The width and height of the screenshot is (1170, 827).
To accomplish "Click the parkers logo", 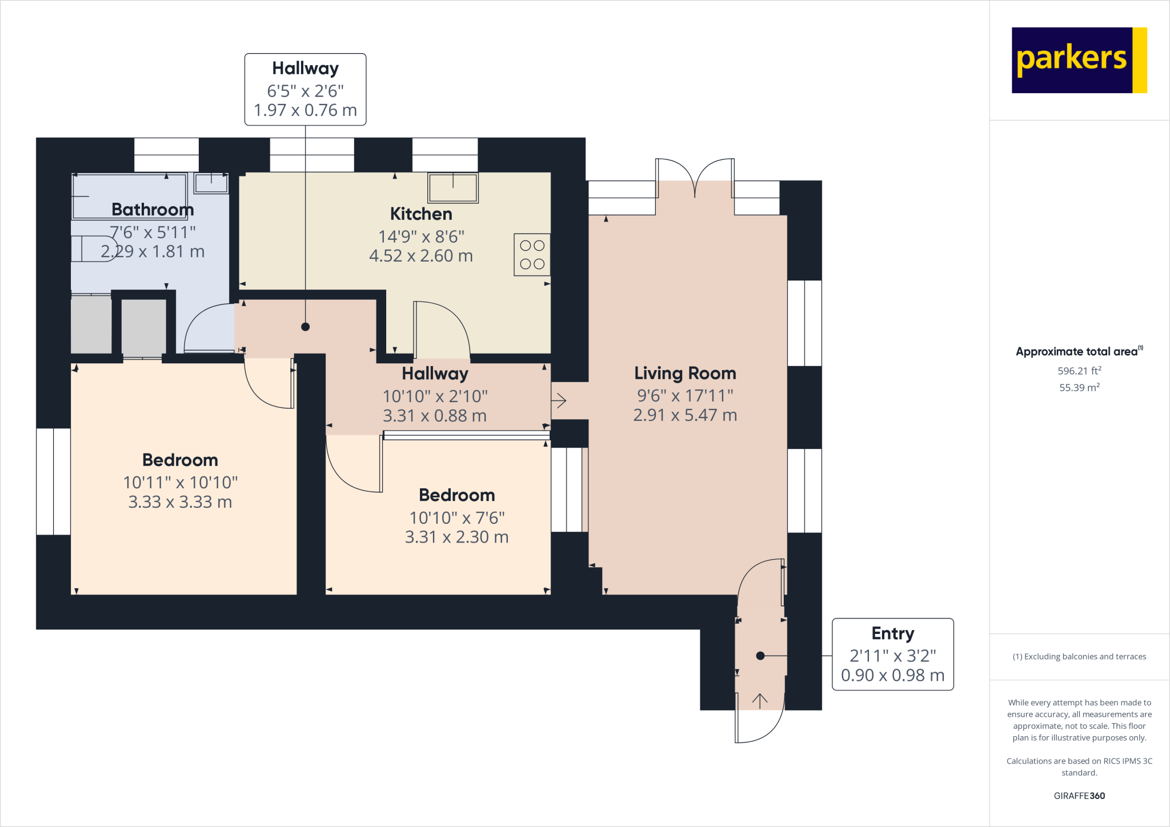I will [1079, 60].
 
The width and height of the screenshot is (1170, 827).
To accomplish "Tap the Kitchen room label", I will [421, 214].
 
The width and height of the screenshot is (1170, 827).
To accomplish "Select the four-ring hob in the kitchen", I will [532, 255].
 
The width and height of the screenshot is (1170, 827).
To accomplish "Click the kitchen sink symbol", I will [453, 188].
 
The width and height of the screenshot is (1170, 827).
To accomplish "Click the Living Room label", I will [685, 374].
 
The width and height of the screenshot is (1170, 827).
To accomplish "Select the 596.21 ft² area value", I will [1079, 371].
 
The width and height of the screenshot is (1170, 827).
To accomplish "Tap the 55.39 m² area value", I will [1079, 387].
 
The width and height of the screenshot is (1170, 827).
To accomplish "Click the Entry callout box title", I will [892, 633].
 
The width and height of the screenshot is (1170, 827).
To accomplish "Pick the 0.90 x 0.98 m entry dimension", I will [892, 675].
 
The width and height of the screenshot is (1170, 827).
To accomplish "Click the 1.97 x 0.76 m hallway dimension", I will [305, 110].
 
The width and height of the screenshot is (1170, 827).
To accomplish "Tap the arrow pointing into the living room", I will [559, 400].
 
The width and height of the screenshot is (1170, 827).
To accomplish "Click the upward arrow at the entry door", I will [760, 700].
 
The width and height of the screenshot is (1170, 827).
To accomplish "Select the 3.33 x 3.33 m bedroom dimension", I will [180, 502].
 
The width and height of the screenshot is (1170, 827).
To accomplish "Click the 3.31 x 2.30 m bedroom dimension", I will [456, 537].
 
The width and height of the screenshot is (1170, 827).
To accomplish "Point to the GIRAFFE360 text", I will [1079, 796].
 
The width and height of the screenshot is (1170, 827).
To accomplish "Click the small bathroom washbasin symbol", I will [211, 183].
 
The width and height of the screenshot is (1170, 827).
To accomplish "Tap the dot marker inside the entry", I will [760, 656].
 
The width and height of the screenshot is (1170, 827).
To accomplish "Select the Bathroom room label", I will [153, 210].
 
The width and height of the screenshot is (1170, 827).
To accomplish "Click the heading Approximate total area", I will [1077, 352].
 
